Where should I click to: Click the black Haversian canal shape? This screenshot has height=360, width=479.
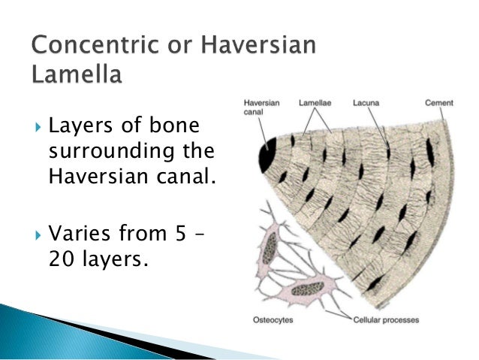pos(267,155)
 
